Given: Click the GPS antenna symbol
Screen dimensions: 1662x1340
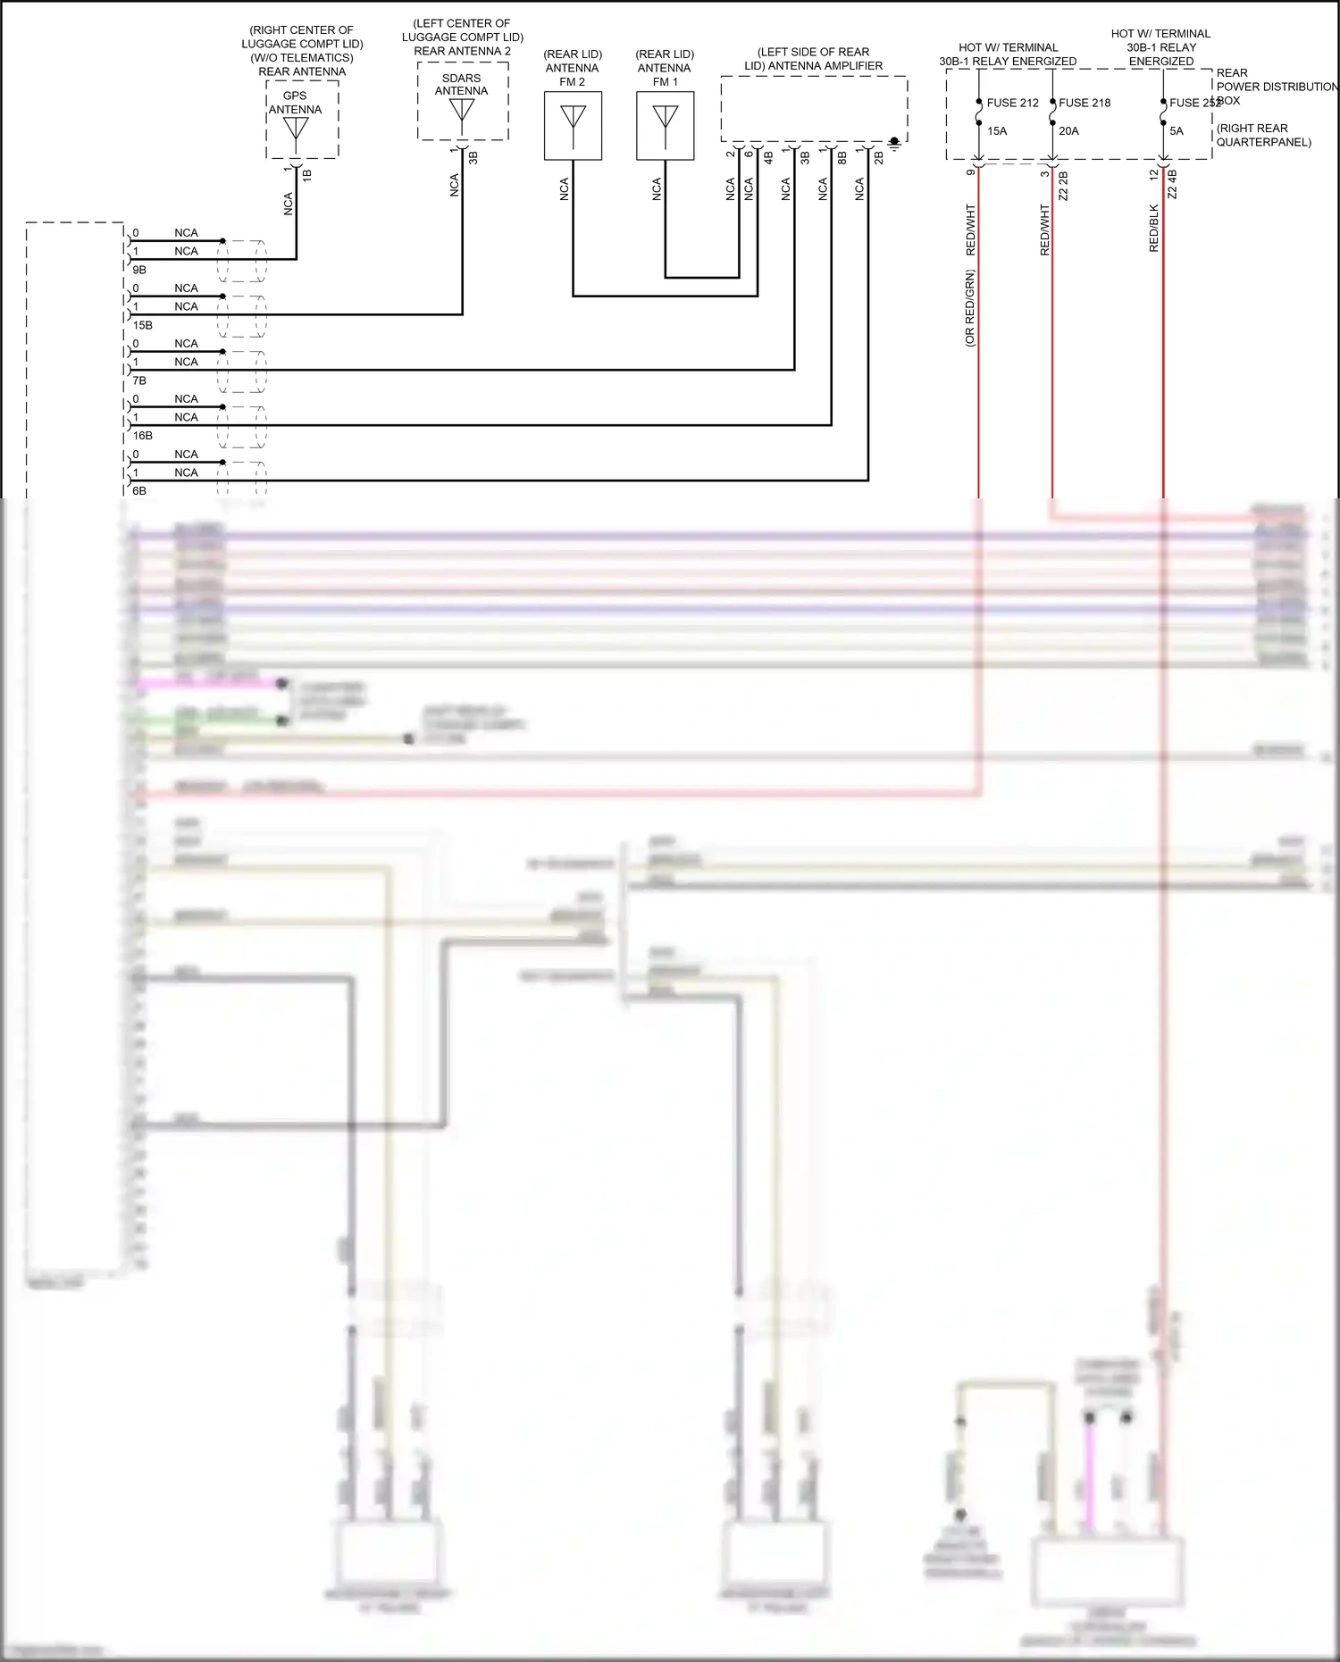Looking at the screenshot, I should coord(296,129).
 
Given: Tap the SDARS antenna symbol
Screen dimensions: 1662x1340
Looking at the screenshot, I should coord(462,111).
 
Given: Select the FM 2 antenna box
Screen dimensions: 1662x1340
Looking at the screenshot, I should coord(573,126).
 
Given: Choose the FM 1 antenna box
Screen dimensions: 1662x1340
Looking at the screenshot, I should coord(665,126).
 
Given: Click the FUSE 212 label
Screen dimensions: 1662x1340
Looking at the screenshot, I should coord(1012,103).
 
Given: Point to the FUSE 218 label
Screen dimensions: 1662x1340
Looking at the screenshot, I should coord(1085,103).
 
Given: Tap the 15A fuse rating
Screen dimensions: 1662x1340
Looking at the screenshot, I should coord(997,131).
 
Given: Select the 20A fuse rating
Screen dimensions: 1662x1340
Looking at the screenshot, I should coord(1068,131).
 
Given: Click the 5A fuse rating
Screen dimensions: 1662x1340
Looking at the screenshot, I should coord(1177,131).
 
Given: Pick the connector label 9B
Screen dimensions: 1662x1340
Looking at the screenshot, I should coord(139,270).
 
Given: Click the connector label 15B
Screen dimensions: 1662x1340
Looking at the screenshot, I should coord(143,325).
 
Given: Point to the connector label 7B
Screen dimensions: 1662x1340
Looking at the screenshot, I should coord(139,380).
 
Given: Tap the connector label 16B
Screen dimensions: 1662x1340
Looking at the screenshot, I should coord(143,436).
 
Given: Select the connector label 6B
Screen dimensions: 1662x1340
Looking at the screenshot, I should coord(139,491).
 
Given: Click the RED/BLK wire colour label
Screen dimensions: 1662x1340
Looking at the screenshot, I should coord(1154,229).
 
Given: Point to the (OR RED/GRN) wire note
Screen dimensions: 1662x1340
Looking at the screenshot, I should coord(970,308).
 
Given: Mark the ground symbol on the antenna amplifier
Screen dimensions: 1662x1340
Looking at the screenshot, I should coord(894,143).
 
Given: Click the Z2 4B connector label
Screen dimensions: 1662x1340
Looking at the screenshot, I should coord(1172,184).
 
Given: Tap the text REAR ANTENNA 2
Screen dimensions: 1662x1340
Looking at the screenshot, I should coord(462,51).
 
